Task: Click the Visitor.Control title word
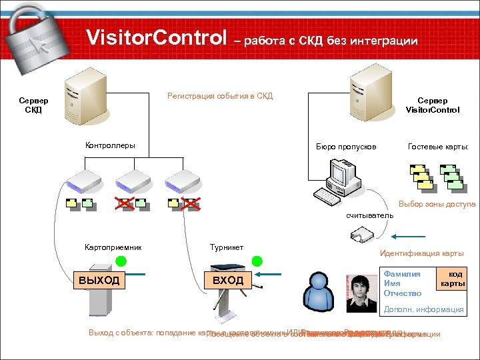pos(157,39)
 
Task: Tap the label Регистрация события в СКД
pos(220,96)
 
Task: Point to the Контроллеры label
pos(110,145)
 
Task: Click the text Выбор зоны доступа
pos(437,204)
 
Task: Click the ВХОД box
pos(228,280)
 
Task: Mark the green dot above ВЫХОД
pos(120,261)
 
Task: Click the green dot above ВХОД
pos(257,261)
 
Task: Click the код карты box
pos(452,279)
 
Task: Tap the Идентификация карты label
pos(421,253)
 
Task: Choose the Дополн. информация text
pos(423,309)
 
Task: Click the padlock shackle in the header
pos(27,15)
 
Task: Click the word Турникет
pos(227,247)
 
